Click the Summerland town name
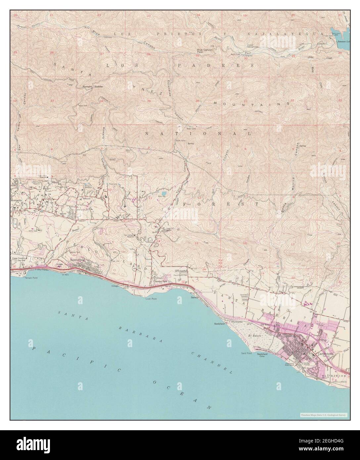point(78,260)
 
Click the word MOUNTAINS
point(251,104)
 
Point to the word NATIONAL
point(198,133)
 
